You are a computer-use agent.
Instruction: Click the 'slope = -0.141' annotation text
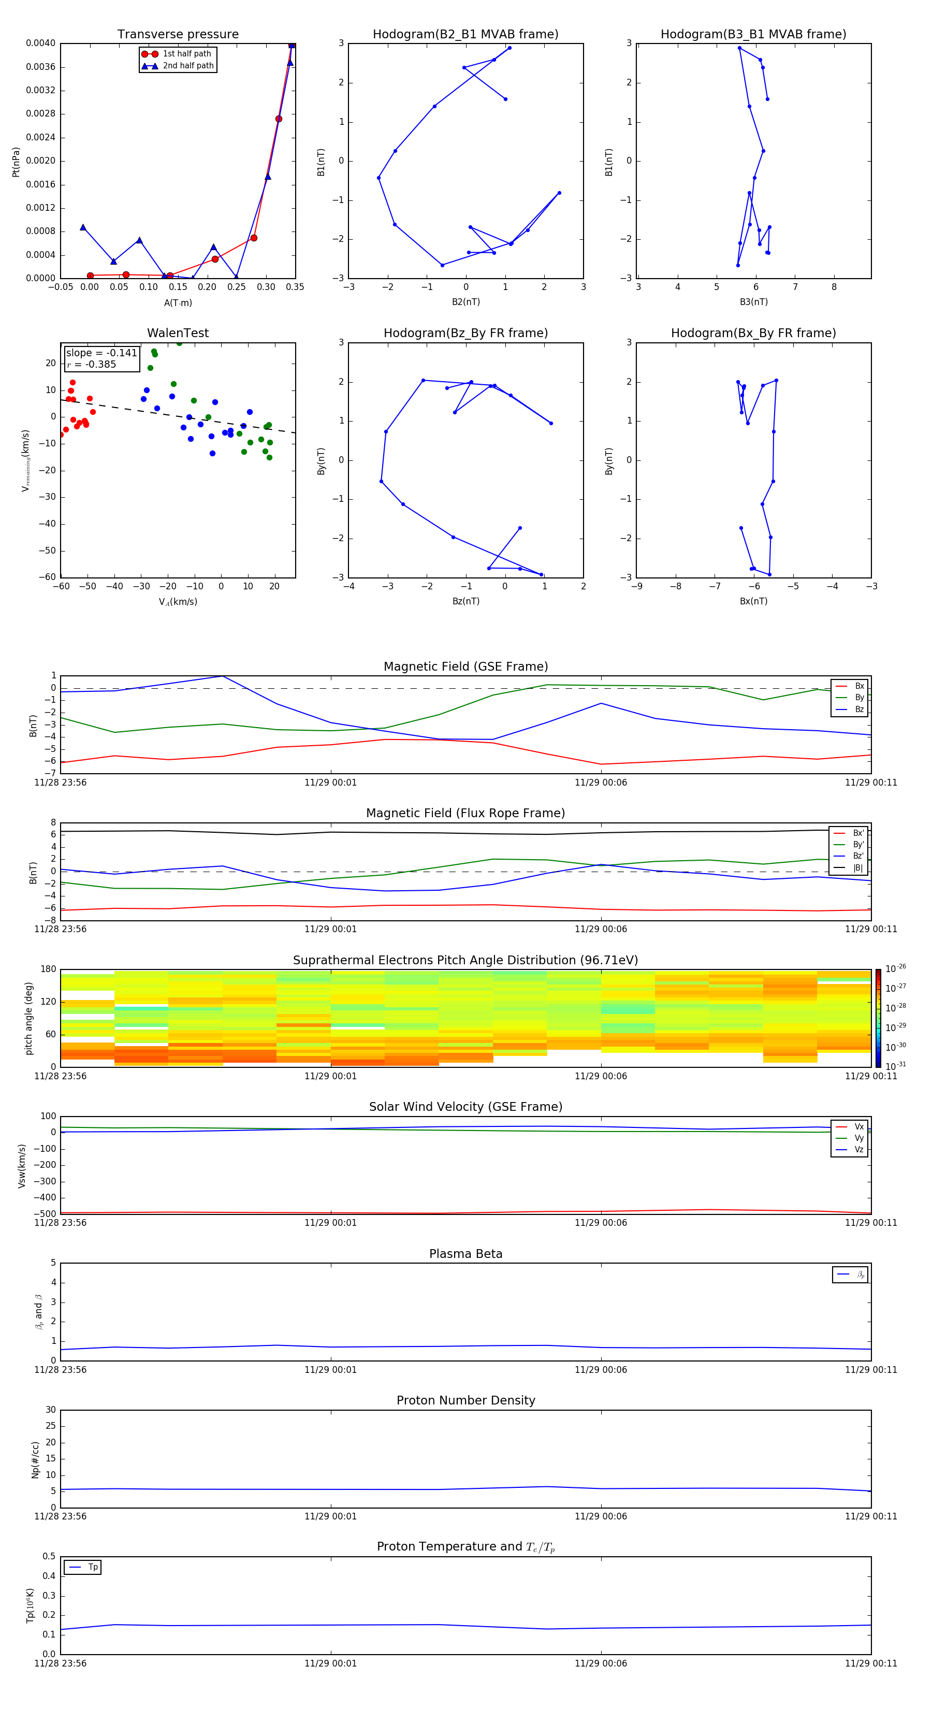pos(101,353)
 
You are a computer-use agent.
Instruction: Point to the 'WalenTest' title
pos(178,333)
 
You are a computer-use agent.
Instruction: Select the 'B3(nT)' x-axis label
pos(753,302)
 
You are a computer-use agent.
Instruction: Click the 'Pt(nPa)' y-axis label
pos(16,162)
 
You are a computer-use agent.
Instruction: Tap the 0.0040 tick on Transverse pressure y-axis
pos(40,43)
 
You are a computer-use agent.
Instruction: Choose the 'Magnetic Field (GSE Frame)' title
pos(465,667)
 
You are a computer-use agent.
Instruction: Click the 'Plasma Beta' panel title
pos(465,1254)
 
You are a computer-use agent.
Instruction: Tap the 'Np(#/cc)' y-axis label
pos(35,1459)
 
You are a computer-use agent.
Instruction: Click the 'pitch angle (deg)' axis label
pos(28,1018)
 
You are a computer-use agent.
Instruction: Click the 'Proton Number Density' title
pos(465,1400)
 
